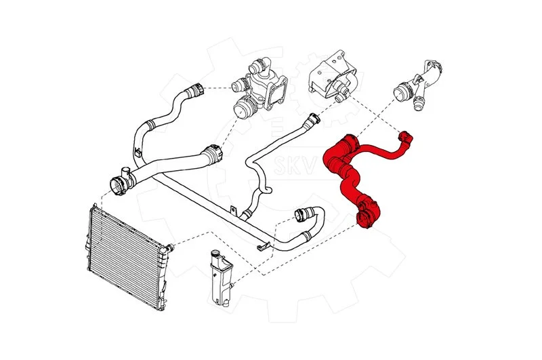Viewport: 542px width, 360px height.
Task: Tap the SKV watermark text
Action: [x=295, y=165]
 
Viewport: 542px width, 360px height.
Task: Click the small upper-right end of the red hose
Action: [x=406, y=138]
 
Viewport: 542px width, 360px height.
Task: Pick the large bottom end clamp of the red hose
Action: [x=364, y=218]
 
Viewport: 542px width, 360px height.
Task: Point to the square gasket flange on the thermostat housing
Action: [x=276, y=94]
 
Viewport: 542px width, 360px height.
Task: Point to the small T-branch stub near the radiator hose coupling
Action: [x=125, y=172]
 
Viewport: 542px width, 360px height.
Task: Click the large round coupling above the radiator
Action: [x=117, y=186]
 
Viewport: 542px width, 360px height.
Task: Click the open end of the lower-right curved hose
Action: [x=300, y=214]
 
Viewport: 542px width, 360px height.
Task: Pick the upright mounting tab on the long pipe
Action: [x=234, y=210]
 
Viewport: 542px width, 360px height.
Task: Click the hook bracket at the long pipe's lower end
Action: [x=264, y=246]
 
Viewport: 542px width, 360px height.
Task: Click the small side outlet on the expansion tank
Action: [x=232, y=285]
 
